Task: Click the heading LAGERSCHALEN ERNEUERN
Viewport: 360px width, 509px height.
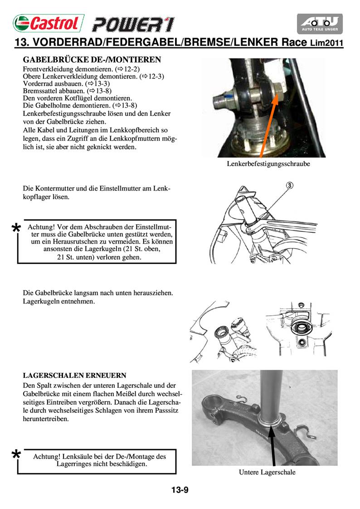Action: pyautogui.click(x=74, y=376)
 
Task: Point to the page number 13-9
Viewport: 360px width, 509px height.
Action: pyautogui.click(x=180, y=490)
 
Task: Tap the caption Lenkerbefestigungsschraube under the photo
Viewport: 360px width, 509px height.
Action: pyautogui.click(x=268, y=164)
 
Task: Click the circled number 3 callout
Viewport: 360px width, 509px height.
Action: pyautogui.click(x=290, y=185)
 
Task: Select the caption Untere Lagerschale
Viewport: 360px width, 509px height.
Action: pyautogui.click(x=267, y=472)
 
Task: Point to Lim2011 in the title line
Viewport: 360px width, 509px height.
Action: pyautogui.click(x=326, y=44)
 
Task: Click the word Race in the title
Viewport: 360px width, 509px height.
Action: pyautogui.click(x=295, y=43)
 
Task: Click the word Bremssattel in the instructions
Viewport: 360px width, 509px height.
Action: pyautogui.click(x=40, y=91)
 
